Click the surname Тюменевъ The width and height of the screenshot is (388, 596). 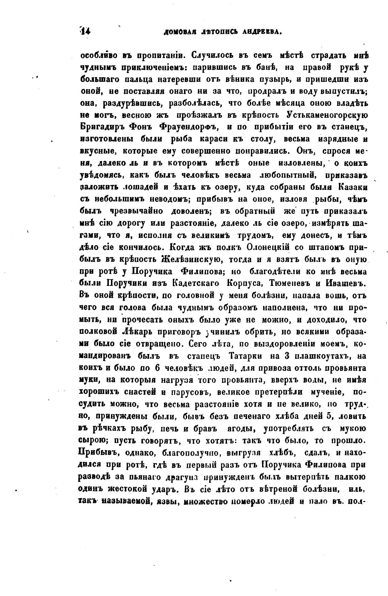[x=289, y=283]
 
